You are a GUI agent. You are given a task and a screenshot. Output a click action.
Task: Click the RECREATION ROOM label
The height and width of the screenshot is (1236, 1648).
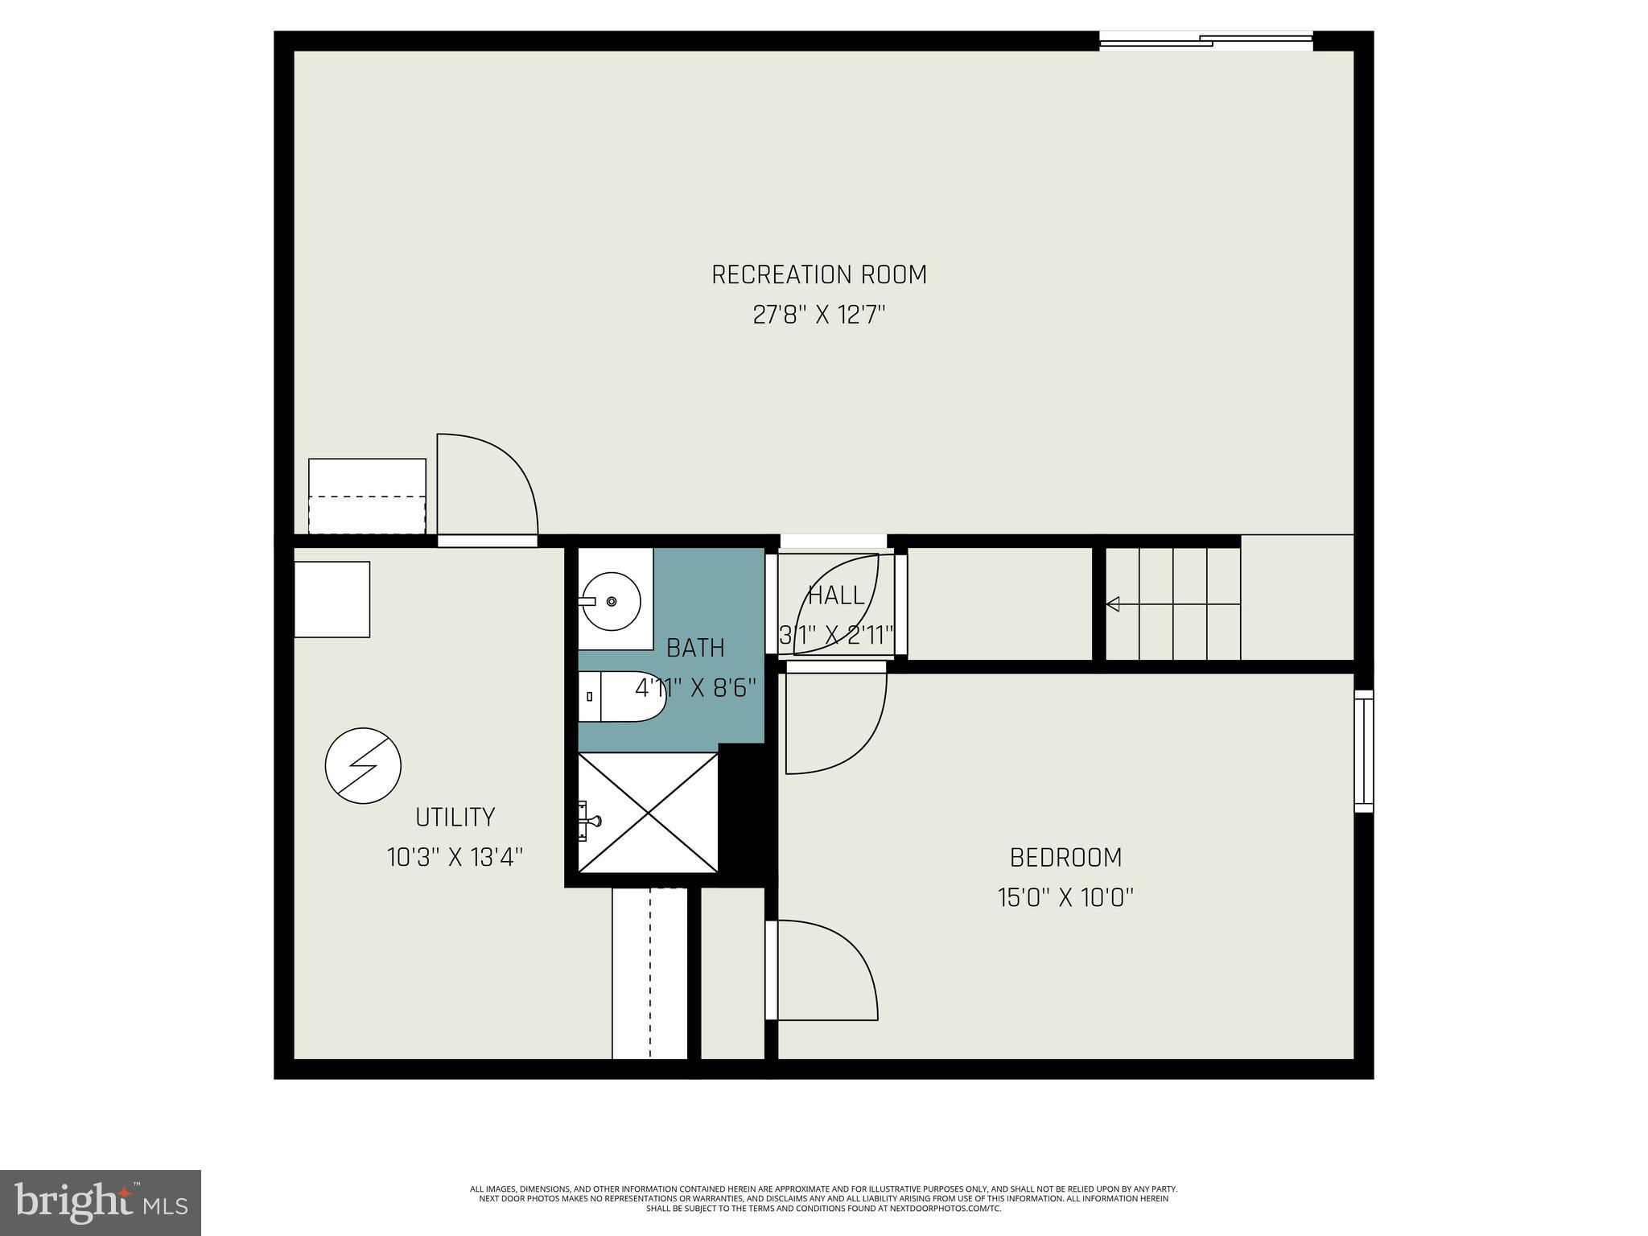(819, 275)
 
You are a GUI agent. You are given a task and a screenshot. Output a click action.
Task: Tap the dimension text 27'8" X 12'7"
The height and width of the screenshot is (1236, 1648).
(819, 315)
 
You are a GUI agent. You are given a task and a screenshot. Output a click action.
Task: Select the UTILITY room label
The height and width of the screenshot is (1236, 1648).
(455, 818)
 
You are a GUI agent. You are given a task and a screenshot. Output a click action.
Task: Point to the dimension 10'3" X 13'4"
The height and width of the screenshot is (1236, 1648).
(455, 858)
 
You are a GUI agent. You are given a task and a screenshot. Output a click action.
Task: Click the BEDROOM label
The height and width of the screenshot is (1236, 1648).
(1065, 858)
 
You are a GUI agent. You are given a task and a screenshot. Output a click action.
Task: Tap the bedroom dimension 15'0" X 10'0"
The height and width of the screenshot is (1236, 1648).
(1065, 898)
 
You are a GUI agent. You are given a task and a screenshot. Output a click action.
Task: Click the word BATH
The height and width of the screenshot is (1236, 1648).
(695, 648)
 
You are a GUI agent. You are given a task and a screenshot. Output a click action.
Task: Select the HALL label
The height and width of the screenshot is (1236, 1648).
(836, 596)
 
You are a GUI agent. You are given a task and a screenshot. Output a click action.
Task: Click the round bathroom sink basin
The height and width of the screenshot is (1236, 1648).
(612, 601)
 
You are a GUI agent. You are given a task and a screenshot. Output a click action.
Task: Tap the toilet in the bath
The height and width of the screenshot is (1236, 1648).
(624, 696)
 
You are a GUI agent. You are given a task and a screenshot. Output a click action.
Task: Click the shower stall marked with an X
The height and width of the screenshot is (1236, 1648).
(648, 812)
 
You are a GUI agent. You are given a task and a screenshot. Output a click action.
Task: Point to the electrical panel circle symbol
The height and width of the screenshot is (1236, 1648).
(363, 765)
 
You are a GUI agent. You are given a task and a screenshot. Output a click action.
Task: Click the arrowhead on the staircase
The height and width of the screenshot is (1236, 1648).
(1113, 604)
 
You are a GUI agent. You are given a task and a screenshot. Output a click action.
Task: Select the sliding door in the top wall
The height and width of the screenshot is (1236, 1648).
(1205, 41)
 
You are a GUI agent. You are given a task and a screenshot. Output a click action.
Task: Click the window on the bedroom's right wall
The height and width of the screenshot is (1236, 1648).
(1363, 751)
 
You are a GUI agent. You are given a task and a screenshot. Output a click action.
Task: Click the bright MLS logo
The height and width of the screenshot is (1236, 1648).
(101, 1202)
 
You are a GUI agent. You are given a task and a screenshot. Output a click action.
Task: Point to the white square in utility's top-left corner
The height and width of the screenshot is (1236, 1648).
(332, 599)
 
